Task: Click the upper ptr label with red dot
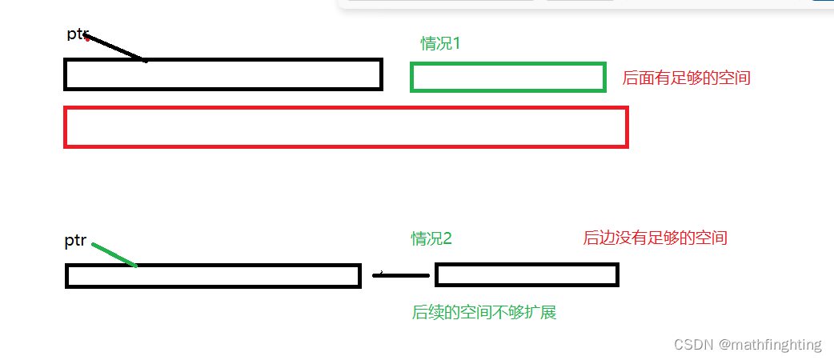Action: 78,34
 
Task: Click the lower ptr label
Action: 75,241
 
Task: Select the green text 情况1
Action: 441,43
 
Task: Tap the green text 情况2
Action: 431,238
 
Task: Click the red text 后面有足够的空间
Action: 686,78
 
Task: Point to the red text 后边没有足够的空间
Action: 655,238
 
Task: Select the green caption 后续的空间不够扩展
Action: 483,313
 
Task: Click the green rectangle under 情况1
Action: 507,77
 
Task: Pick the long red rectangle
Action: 346,127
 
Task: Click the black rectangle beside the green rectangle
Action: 223,74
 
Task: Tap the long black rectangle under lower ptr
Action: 213,275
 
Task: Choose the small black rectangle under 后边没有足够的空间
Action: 527,274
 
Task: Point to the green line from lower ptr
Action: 114,254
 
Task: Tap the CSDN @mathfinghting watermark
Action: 748,345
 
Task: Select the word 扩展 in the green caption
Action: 539,313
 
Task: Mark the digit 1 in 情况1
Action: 457,43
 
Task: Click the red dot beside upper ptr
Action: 86,37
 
